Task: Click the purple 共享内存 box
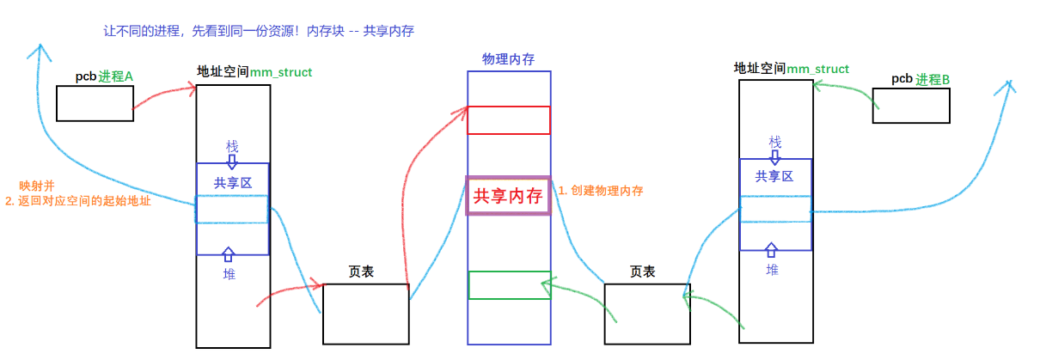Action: [x=508, y=195]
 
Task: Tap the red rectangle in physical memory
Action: [x=509, y=120]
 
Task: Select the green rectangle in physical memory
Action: [x=509, y=285]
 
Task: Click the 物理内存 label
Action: [x=508, y=59]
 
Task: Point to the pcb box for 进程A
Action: [x=95, y=103]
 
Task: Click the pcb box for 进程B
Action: [x=910, y=105]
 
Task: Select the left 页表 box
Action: [x=365, y=314]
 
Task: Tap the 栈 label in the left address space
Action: [x=232, y=145]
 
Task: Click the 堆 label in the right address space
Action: [x=773, y=269]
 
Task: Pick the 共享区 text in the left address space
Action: [x=232, y=182]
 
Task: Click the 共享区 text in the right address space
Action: [x=774, y=176]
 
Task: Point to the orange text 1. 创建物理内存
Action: [x=601, y=191]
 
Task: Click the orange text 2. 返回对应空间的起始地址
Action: [x=78, y=202]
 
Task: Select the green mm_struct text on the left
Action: [x=281, y=72]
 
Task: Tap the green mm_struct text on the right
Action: [x=818, y=69]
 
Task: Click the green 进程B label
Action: [x=933, y=79]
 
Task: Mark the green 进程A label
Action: [x=116, y=76]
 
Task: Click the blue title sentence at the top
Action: [x=259, y=31]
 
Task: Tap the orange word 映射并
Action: [x=37, y=186]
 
